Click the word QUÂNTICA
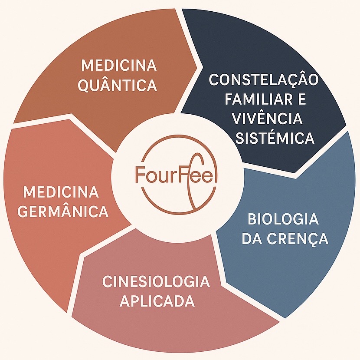[117, 85]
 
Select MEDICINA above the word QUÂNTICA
[118, 66]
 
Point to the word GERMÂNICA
[64, 211]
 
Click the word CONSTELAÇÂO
[264, 80]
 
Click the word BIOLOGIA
[283, 219]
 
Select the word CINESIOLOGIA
[156, 281]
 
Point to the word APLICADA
[157, 301]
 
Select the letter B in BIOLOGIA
[252, 219]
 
